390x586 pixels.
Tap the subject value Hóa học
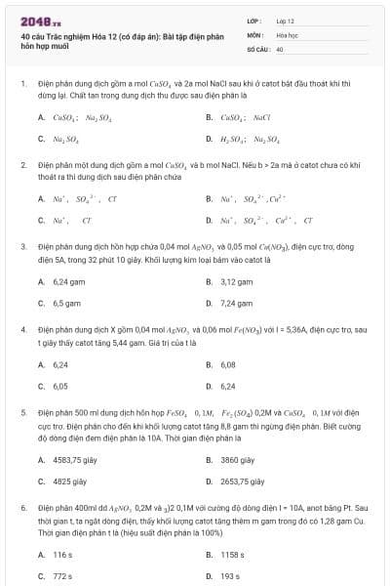286,34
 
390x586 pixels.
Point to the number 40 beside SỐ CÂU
280,48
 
